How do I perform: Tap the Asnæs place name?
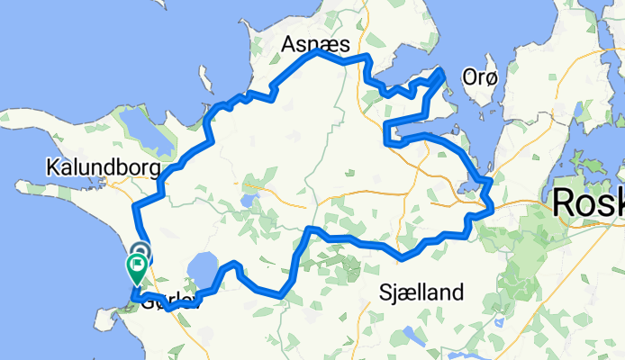pos(312,43)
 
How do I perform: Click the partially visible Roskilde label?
pos(588,202)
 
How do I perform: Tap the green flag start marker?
pos(138,265)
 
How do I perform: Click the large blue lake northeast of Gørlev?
pos(203,268)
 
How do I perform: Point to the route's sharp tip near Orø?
pos(442,69)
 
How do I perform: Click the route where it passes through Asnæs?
pos(315,53)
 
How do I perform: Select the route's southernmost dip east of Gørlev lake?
pos(281,294)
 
